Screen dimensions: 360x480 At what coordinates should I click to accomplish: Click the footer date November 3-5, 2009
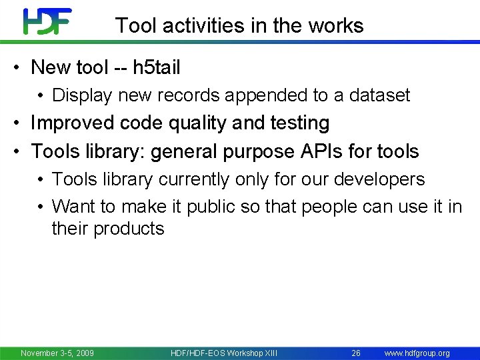tap(57, 353)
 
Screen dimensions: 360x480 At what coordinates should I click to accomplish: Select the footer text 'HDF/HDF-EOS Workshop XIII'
tap(223, 353)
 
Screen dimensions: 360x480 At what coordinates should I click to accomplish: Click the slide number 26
tap(356, 353)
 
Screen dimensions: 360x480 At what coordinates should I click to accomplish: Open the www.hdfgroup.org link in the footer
tap(417, 353)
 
